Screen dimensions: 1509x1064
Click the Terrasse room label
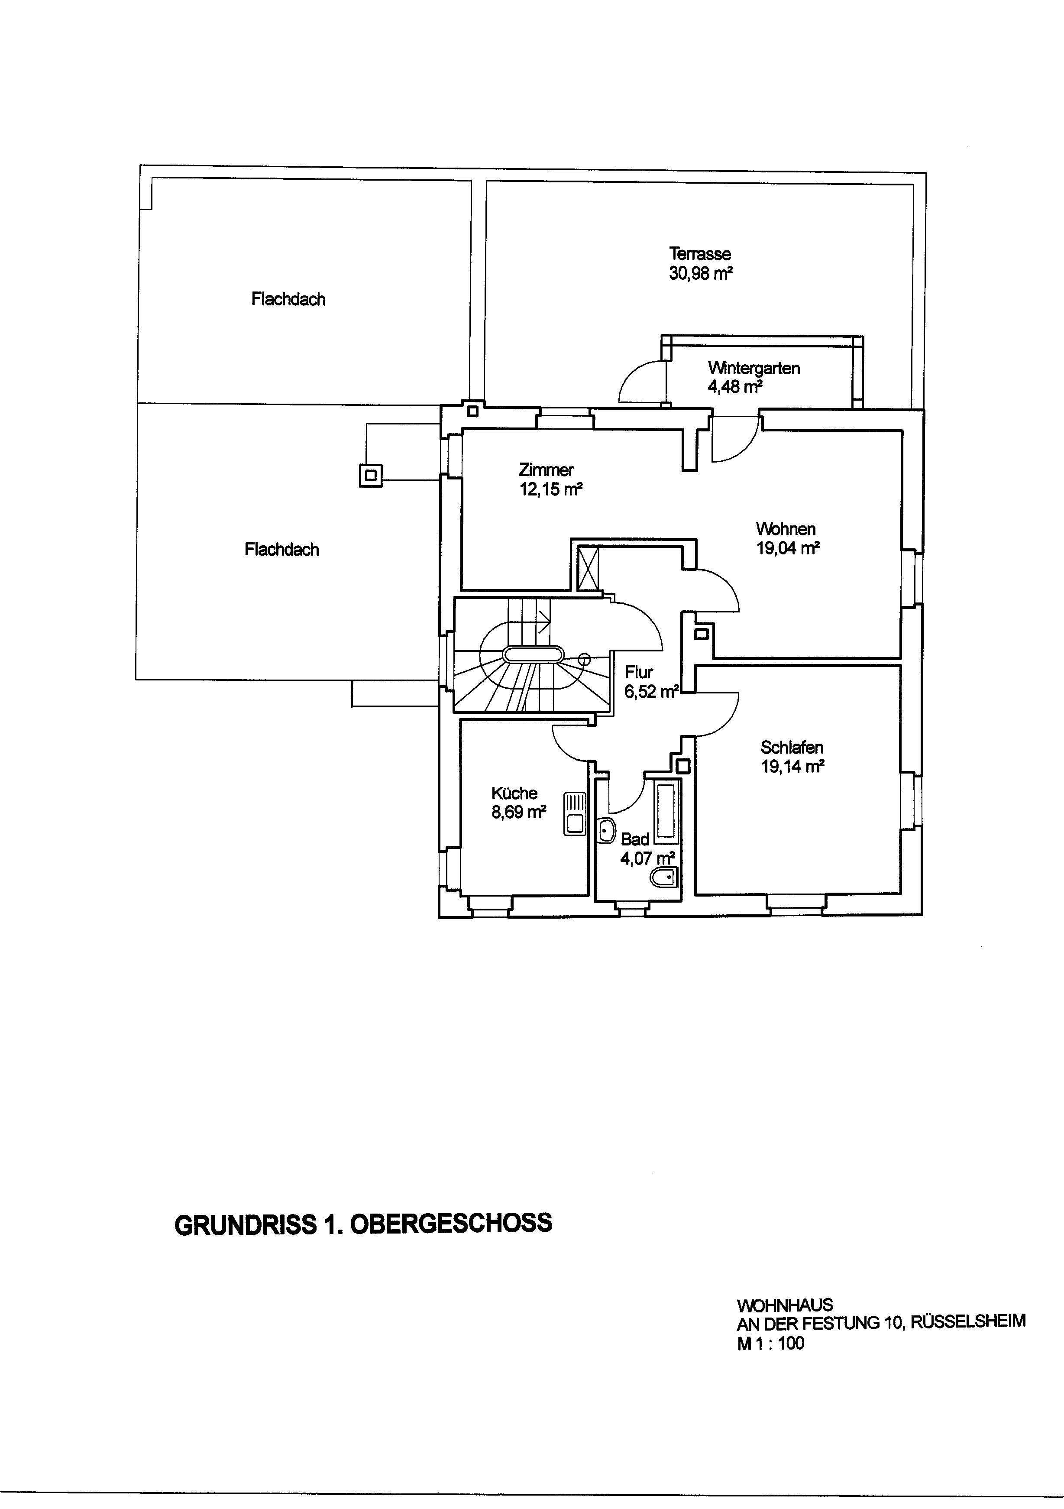click(700, 254)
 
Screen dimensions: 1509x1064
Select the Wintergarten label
click(754, 368)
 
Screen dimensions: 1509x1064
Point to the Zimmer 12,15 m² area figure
click(551, 489)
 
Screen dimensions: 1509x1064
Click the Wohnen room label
click(786, 528)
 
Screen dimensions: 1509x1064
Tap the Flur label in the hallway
click(639, 672)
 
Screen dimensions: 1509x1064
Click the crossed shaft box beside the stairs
click(588, 567)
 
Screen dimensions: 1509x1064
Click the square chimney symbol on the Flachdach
click(371, 475)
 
